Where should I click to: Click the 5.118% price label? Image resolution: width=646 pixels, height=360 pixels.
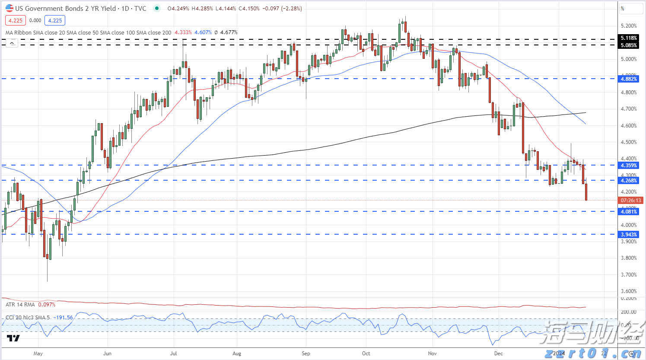[x=629, y=38]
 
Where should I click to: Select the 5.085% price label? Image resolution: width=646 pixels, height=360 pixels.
[x=629, y=45]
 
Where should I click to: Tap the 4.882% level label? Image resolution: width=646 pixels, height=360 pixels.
[x=629, y=79]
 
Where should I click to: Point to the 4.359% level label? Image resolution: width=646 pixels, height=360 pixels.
[x=629, y=166]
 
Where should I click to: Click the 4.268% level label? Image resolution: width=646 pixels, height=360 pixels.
[x=629, y=181]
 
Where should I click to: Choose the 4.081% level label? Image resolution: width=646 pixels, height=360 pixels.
[x=629, y=212]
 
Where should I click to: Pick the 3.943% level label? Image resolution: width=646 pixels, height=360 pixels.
[x=629, y=235]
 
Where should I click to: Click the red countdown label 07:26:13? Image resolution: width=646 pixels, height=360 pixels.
[x=631, y=201]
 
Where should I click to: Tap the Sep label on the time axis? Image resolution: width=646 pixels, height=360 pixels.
[x=306, y=354]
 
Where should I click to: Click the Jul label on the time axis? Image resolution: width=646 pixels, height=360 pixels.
[x=173, y=354]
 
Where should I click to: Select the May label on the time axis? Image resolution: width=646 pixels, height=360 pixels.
[x=38, y=354]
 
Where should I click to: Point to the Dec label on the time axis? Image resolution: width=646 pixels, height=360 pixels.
[x=498, y=354]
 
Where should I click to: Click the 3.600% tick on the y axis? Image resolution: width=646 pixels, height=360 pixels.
[x=629, y=291]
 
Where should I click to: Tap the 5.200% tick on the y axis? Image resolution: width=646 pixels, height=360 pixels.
[x=629, y=26]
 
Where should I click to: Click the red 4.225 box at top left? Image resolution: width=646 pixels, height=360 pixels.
[x=16, y=20]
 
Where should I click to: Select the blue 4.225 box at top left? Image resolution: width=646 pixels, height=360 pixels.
[x=55, y=20]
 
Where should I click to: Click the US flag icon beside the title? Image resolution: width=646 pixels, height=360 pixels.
[x=9, y=8]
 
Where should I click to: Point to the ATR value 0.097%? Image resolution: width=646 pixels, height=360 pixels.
[x=47, y=305]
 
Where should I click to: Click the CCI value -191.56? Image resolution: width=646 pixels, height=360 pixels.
[x=63, y=318]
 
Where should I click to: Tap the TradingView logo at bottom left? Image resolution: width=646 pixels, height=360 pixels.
[x=13, y=338]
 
